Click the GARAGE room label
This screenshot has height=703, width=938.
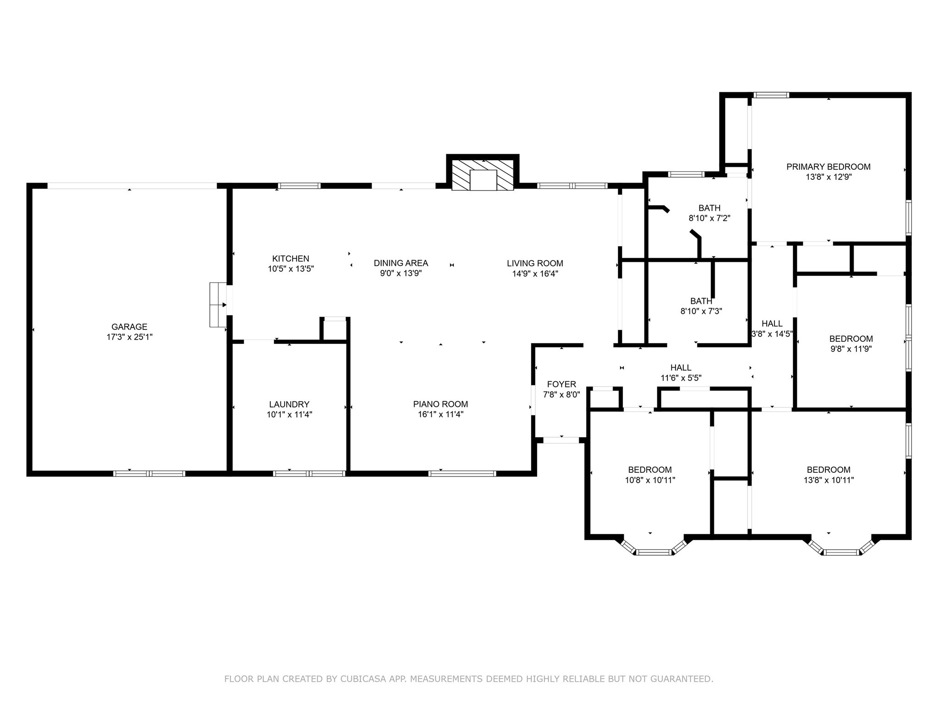coord(129,327)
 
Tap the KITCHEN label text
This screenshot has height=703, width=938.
coord(290,259)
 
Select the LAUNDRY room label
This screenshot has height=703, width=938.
coord(289,405)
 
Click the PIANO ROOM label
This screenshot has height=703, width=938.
coord(440,404)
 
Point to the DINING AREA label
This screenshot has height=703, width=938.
coord(401,263)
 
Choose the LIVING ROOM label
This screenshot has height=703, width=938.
coord(535,264)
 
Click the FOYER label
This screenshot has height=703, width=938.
coord(562,384)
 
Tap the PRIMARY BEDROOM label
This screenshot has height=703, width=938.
coord(829,167)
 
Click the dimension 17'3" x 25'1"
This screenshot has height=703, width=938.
coord(129,337)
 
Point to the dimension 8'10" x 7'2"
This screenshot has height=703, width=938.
coord(709,218)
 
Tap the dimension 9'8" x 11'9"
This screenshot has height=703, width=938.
coord(851,349)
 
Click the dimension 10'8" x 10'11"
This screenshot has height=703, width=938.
coord(650,480)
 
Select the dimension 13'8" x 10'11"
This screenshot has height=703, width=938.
coord(829,480)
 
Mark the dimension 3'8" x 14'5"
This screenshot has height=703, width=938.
coord(772,334)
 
